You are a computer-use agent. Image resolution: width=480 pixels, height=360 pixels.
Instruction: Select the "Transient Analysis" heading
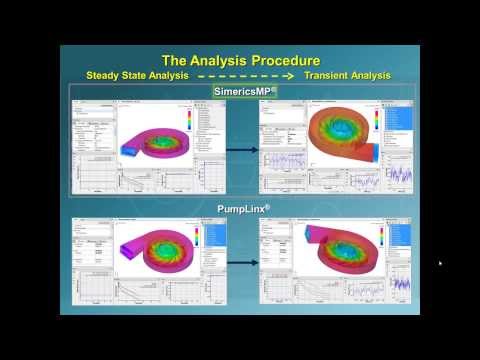pyautogui.click(x=346, y=75)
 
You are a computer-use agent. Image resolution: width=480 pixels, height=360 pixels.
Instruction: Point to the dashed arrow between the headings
pyautogui.click(x=239, y=75)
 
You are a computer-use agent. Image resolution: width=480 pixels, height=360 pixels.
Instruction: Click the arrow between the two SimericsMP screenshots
pyautogui.click(x=240, y=150)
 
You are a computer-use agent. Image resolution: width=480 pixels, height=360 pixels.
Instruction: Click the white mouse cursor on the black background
pyautogui.click(x=440, y=264)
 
